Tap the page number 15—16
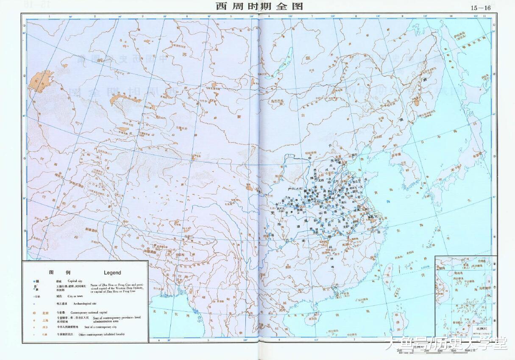(x=480, y=7)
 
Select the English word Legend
(x=112, y=273)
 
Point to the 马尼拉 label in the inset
(x=484, y=288)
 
